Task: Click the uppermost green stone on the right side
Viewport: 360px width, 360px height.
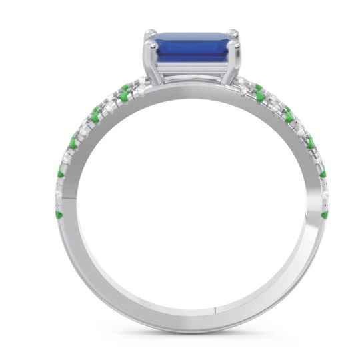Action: [x=258, y=87]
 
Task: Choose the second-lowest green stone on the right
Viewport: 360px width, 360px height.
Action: [x=323, y=175]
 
